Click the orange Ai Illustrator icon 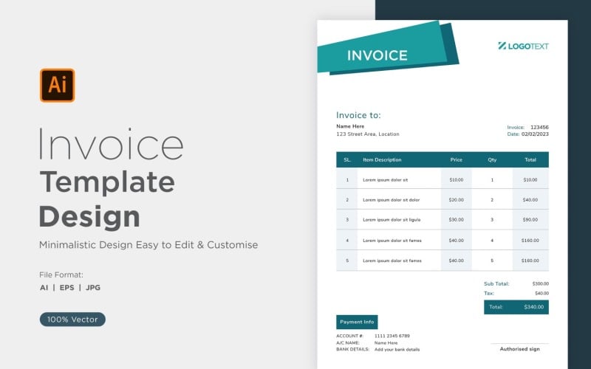(x=57, y=85)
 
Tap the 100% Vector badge (x=72, y=320)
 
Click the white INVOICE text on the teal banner (x=377, y=55)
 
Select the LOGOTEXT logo (x=523, y=46)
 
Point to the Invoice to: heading (x=358, y=115)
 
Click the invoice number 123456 (x=539, y=127)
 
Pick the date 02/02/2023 (x=535, y=134)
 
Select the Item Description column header (x=382, y=159)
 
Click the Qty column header (x=492, y=159)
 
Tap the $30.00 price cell (x=456, y=219)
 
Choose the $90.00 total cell (x=530, y=219)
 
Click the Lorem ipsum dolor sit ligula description (x=392, y=219)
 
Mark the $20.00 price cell (x=456, y=199)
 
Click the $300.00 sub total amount (x=540, y=283)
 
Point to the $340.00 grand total (x=534, y=307)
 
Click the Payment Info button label (x=358, y=322)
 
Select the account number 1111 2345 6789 (x=392, y=336)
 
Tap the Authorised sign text (x=519, y=349)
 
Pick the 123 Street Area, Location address (x=367, y=134)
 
